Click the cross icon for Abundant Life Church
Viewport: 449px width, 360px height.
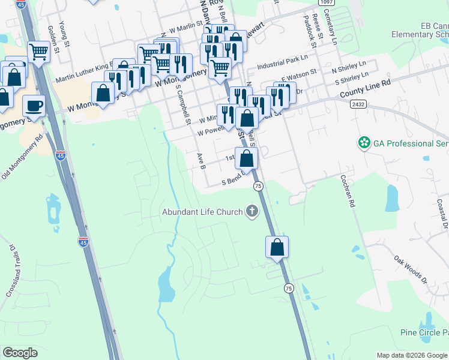tap(252, 211)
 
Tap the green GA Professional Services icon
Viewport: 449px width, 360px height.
tap(363, 143)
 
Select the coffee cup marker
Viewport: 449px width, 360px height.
tap(34, 106)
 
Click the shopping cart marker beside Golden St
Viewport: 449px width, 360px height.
tap(39, 52)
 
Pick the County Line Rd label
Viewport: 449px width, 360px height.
tap(365, 91)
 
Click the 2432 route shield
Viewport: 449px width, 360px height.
tap(359, 104)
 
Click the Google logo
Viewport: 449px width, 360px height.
tap(20, 353)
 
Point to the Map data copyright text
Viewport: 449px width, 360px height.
tap(411, 355)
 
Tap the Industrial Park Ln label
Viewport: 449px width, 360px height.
tap(282, 62)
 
